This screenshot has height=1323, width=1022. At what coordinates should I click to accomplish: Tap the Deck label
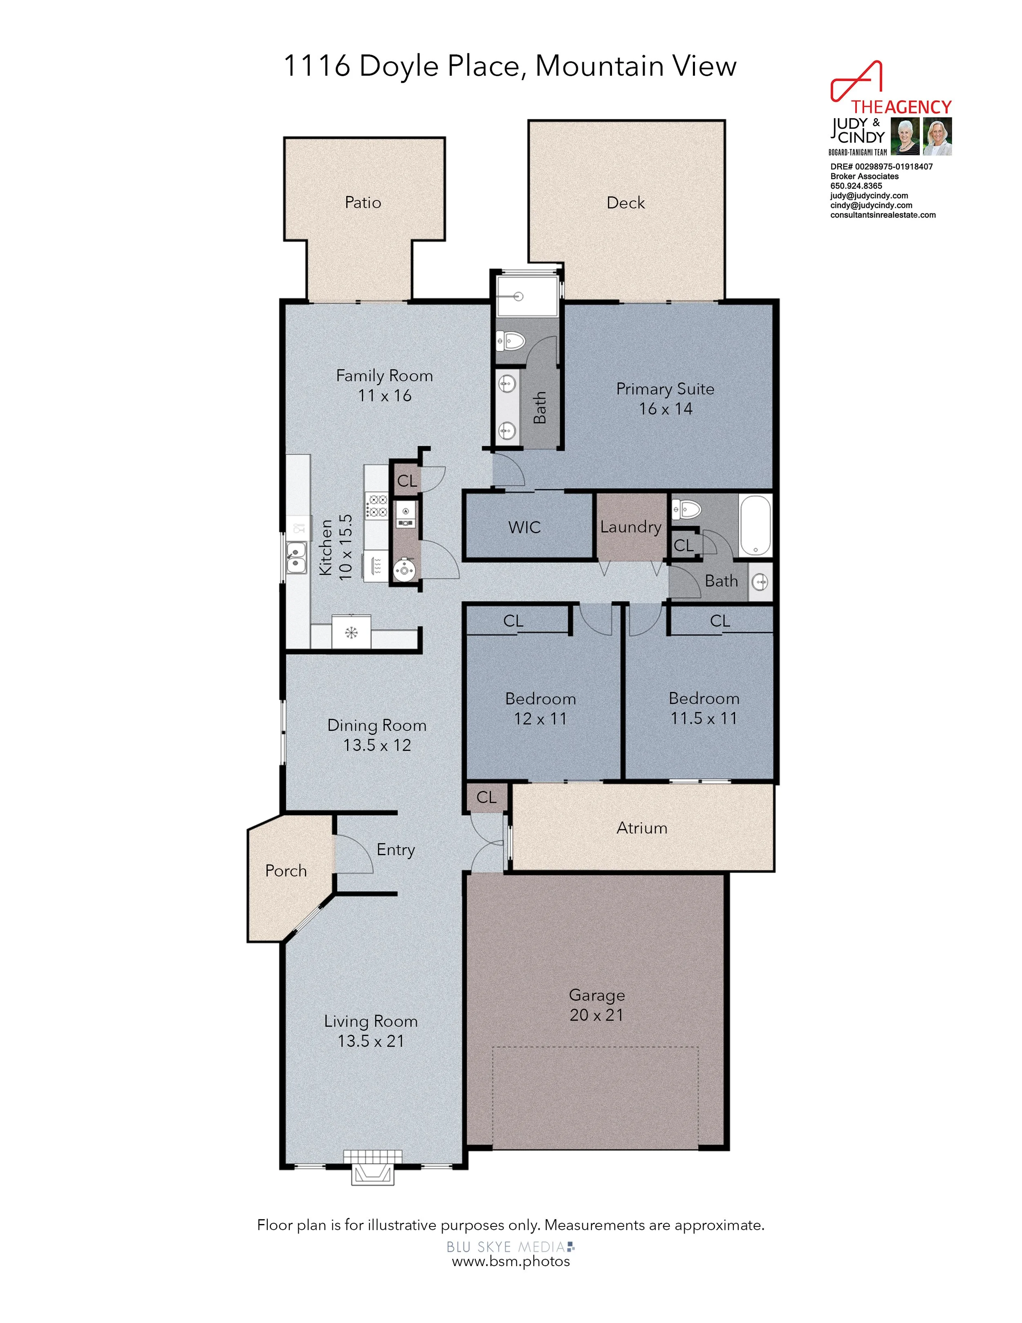click(625, 202)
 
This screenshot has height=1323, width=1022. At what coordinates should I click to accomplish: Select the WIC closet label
click(524, 527)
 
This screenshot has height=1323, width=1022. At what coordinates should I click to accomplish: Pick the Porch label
click(286, 871)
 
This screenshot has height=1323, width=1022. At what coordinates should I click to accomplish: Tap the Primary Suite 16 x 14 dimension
click(666, 409)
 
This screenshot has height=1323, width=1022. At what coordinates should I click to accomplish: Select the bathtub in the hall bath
click(755, 525)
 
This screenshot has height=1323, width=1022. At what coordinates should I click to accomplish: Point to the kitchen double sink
click(296, 558)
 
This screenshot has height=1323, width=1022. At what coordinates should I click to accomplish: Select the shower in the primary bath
click(526, 296)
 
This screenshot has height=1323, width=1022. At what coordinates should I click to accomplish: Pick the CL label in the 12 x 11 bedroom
click(513, 621)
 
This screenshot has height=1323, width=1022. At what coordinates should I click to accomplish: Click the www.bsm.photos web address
click(511, 1261)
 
